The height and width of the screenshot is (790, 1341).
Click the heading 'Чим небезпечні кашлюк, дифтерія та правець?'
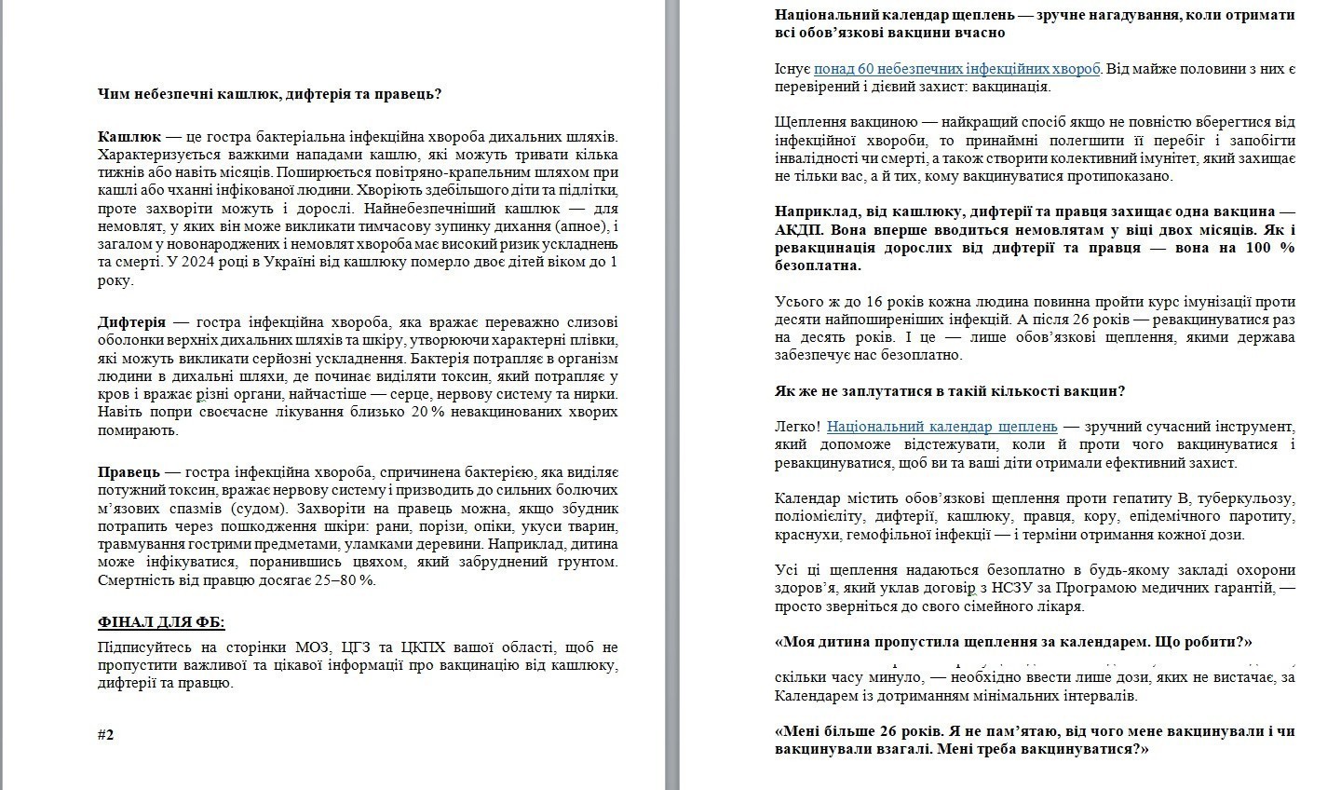(x=269, y=94)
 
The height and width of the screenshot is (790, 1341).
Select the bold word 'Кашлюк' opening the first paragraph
(x=129, y=137)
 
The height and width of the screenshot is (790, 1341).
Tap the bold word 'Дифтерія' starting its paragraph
(x=132, y=322)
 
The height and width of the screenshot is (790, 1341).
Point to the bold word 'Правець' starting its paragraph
(x=129, y=472)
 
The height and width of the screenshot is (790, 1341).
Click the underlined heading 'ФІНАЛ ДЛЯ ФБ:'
(x=161, y=622)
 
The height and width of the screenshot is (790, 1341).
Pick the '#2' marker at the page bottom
(x=105, y=735)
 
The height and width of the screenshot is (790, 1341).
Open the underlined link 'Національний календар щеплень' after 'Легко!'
(x=942, y=427)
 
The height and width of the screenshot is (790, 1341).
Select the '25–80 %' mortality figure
(x=341, y=580)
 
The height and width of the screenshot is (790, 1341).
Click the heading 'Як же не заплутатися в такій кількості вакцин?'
(x=949, y=391)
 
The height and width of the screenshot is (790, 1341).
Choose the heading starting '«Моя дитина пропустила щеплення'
(x=1013, y=643)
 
